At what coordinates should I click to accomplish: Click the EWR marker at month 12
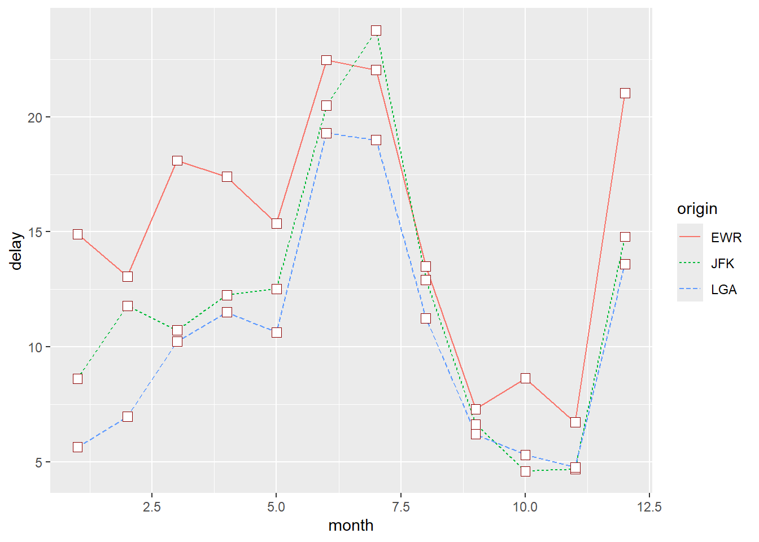(625, 93)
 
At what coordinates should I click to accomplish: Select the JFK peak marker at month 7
(376, 30)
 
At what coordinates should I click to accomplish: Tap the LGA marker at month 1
(78, 447)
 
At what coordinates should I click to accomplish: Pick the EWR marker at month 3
(177, 161)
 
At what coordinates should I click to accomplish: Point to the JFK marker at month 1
(78, 379)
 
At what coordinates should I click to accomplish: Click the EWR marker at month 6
(326, 60)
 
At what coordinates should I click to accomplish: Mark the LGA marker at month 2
(128, 417)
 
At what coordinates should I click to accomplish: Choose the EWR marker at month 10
(525, 378)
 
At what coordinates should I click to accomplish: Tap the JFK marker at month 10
(525, 471)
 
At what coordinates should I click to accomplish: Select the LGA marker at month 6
(326, 133)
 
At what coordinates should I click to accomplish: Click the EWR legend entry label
(726, 238)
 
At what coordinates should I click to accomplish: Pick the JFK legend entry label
(722, 264)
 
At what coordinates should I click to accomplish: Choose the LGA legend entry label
(723, 290)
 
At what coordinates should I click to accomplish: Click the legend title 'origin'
(697, 209)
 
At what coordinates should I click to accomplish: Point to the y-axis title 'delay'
(16, 251)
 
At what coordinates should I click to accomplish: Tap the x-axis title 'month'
(351, 526)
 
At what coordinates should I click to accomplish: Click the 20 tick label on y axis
(36, 117)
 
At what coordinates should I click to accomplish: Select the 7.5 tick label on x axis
(400, 507)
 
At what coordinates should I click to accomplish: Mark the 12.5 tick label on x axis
(649, 507)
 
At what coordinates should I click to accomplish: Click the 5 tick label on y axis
(39, 462)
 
